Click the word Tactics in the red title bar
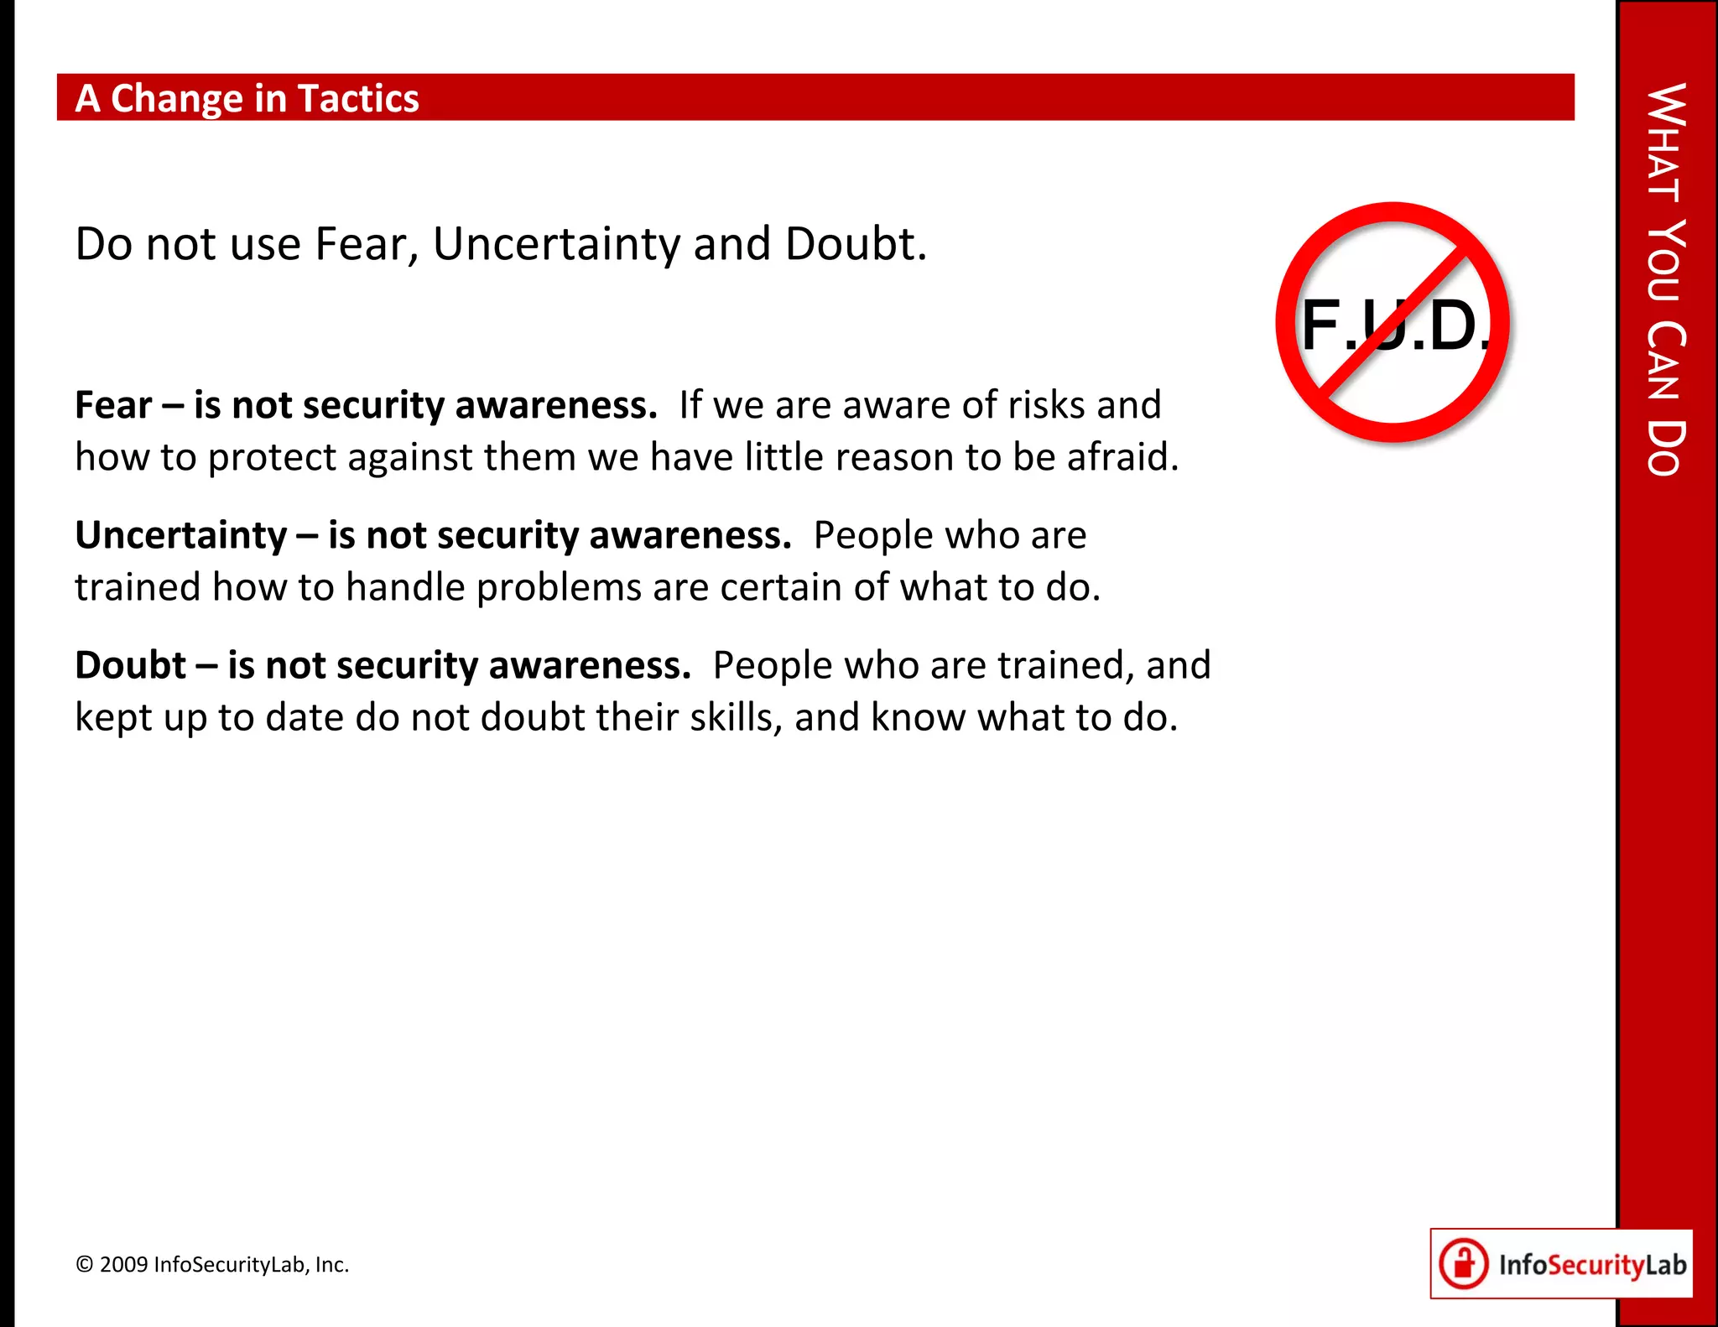point(358,98)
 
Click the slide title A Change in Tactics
point(247,98)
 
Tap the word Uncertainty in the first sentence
point(558,244)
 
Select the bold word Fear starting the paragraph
point(113,405)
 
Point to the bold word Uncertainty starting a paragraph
point(181,535)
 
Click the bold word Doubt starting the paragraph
point(130,665)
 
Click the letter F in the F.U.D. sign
point(1320,325)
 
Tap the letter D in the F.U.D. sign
point(1452,325)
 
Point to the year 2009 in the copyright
point(123,1265)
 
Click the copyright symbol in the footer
point(84,1265)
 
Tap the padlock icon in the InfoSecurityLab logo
point(1464,1263)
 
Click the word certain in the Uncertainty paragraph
point(781,587)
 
